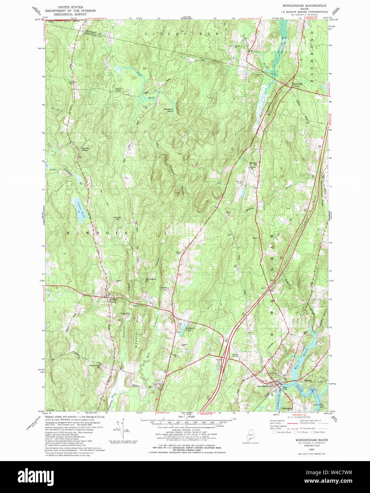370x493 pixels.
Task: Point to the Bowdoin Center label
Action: (113, 300)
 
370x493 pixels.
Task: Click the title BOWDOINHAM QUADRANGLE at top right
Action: (304, 6)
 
